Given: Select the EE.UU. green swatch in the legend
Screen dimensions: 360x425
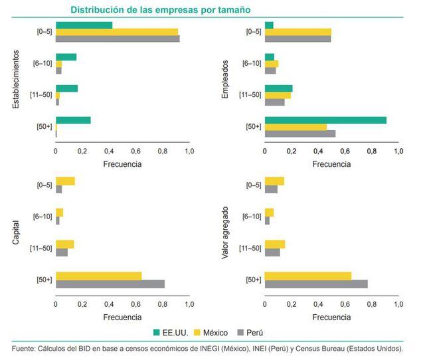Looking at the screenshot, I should (158, 332).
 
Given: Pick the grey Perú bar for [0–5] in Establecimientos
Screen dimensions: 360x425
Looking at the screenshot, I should (118, 39).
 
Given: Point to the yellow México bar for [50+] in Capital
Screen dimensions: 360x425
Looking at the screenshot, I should (98, 276).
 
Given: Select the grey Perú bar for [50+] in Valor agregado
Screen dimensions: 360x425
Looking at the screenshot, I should (316, 284).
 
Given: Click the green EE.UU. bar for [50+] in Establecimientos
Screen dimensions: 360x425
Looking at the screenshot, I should (73, 120).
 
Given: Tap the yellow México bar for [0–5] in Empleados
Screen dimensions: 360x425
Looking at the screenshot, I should (297, 32).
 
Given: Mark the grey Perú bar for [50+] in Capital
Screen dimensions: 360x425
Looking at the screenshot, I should (110, 284).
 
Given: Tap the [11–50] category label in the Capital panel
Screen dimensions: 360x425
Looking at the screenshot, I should (41, 248).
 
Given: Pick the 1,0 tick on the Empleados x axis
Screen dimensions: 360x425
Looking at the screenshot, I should (398, 151).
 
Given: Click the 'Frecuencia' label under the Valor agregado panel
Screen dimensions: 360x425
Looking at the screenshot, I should (331, 317).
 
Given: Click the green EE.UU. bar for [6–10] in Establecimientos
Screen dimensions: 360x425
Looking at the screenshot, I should (66, 56).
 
